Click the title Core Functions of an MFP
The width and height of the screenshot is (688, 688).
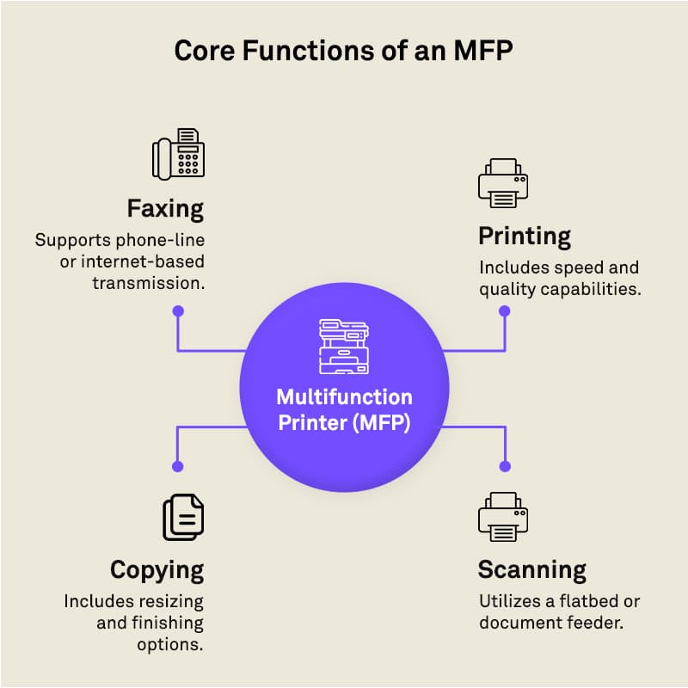point(343,51)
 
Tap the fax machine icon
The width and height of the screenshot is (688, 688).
point(179,154)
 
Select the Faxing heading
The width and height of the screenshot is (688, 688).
point(165,209)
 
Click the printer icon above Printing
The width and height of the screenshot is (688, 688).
point(503,182)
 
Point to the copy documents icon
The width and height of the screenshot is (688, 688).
point(183,518)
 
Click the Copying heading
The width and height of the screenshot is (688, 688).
point(157,571)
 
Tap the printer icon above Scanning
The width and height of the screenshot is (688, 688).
point(503,517)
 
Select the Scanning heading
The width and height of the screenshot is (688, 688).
point(532,570)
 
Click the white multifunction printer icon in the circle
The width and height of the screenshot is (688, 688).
point(344,347)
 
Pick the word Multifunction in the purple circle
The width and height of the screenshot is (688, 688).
point(345,397)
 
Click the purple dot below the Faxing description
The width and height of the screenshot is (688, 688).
point(178,311)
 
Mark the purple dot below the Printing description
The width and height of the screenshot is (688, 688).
point(505,311)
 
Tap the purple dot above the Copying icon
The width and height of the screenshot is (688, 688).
point(178,466)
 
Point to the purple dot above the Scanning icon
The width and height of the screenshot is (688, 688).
point(505,466)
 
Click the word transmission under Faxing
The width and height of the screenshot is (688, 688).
point(148,284)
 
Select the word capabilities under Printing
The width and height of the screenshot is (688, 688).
point(591,289)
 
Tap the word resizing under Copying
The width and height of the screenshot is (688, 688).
point(168,601)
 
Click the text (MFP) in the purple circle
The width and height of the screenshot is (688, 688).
point(381,423)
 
